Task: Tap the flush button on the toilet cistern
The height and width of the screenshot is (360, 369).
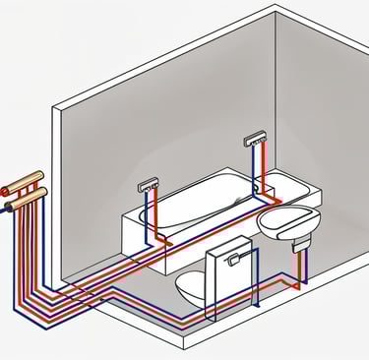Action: [x=231, y=259]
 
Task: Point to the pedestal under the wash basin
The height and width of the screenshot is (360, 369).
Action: [x=292, y=258]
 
